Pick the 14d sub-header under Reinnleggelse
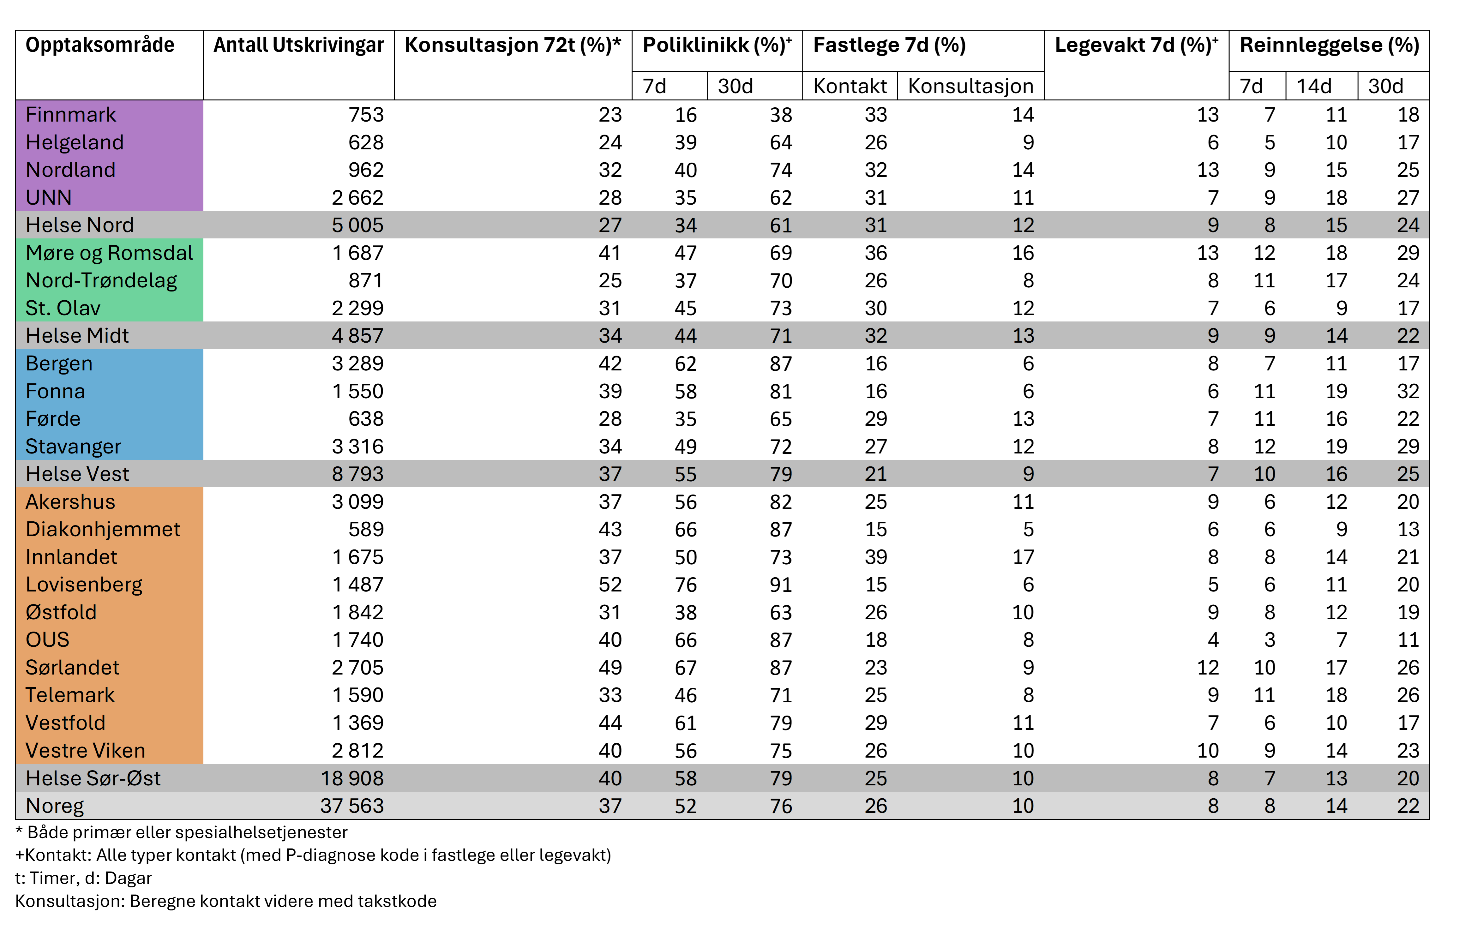point(1314,86)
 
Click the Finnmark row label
point(71,115)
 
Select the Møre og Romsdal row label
point(109,253)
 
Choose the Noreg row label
point(55,806)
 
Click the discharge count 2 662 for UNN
point(357,197)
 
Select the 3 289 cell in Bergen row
point(357,363)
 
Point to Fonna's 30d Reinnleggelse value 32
point(1408,391)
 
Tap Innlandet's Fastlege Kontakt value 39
point(875,557)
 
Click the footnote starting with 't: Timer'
point(84,878)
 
